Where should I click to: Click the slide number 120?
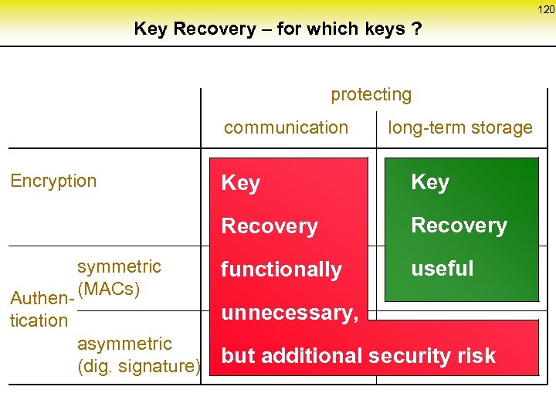tap(546, 10)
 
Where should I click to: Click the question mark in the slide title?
tap(417, 29)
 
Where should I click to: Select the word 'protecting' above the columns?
tap(371, 95)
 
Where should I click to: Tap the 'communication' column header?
tap(286, 127)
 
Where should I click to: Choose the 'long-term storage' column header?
tap(459, 127)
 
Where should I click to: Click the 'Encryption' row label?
tap(53, 181)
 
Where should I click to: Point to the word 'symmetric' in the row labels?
tap(119, 266)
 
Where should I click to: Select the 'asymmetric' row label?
tap(124, 343)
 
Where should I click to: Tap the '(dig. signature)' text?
tap(139, 366)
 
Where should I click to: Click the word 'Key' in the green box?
tap(430, 182)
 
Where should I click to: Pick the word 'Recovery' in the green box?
tap(459, 225)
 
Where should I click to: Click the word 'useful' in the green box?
tap(442, 269)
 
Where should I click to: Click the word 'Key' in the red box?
tap(240, 183)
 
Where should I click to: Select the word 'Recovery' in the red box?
tap(270, 226)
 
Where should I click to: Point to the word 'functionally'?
tap(281, 270)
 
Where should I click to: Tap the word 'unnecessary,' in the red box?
tap(290, 313)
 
